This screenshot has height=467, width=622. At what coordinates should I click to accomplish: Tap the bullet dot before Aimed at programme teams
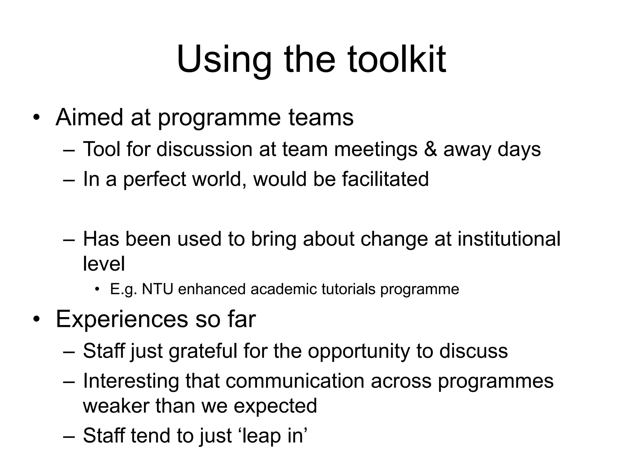pyautogui.click(x=36, y=118)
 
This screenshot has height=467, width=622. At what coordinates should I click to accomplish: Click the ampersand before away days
pyautogui.click(x=430, y=149)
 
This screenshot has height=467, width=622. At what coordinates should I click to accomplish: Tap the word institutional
pyautogui.click(x=509, y=239)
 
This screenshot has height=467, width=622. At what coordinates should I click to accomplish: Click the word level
pyautogui.click(x=104, y=263)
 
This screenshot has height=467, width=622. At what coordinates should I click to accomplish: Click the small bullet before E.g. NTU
pyautogui.click(x=97, y=289)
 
